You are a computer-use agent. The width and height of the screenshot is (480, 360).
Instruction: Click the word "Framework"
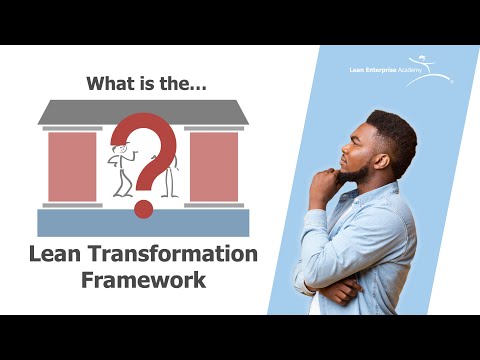143,279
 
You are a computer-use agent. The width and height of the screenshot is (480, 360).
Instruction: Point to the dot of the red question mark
144,209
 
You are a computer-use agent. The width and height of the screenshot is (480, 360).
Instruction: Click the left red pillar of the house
72,166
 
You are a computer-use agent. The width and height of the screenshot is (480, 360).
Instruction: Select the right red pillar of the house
214,166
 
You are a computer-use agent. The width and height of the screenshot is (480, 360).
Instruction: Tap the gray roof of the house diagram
143,113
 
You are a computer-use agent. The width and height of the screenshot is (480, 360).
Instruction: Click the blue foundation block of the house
143,222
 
